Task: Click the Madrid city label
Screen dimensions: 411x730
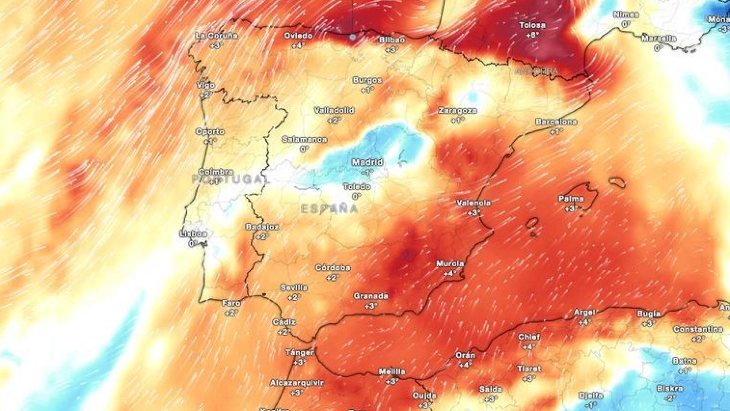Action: click(367, 162)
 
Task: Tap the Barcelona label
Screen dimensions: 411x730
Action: click(556, 122)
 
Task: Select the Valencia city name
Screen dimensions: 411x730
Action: click(474, 203)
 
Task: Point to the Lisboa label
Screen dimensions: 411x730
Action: click(193, 234)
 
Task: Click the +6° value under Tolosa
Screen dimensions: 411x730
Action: click(532, 35)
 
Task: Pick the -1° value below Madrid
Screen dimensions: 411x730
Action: click(367, 172)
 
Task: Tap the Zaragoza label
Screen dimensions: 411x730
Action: click(457, 110)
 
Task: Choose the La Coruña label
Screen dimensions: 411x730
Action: click(216, 36)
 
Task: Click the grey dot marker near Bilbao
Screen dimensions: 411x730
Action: click(353, 37)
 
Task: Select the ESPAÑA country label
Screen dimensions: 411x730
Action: click(329, 209)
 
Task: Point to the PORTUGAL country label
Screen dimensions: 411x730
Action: click(231, 179)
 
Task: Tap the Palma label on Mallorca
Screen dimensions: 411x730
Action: click(571, 199)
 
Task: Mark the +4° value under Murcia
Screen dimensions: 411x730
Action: click(450, 273)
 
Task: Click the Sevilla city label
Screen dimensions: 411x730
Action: click(294, 288)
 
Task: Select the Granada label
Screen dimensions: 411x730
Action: click(371, 296)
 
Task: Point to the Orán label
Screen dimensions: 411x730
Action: click(465, 355)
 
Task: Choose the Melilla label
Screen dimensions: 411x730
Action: click(392, 372)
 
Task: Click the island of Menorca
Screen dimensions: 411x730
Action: click(617, 182)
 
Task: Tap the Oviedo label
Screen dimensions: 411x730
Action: click(298, 36)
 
